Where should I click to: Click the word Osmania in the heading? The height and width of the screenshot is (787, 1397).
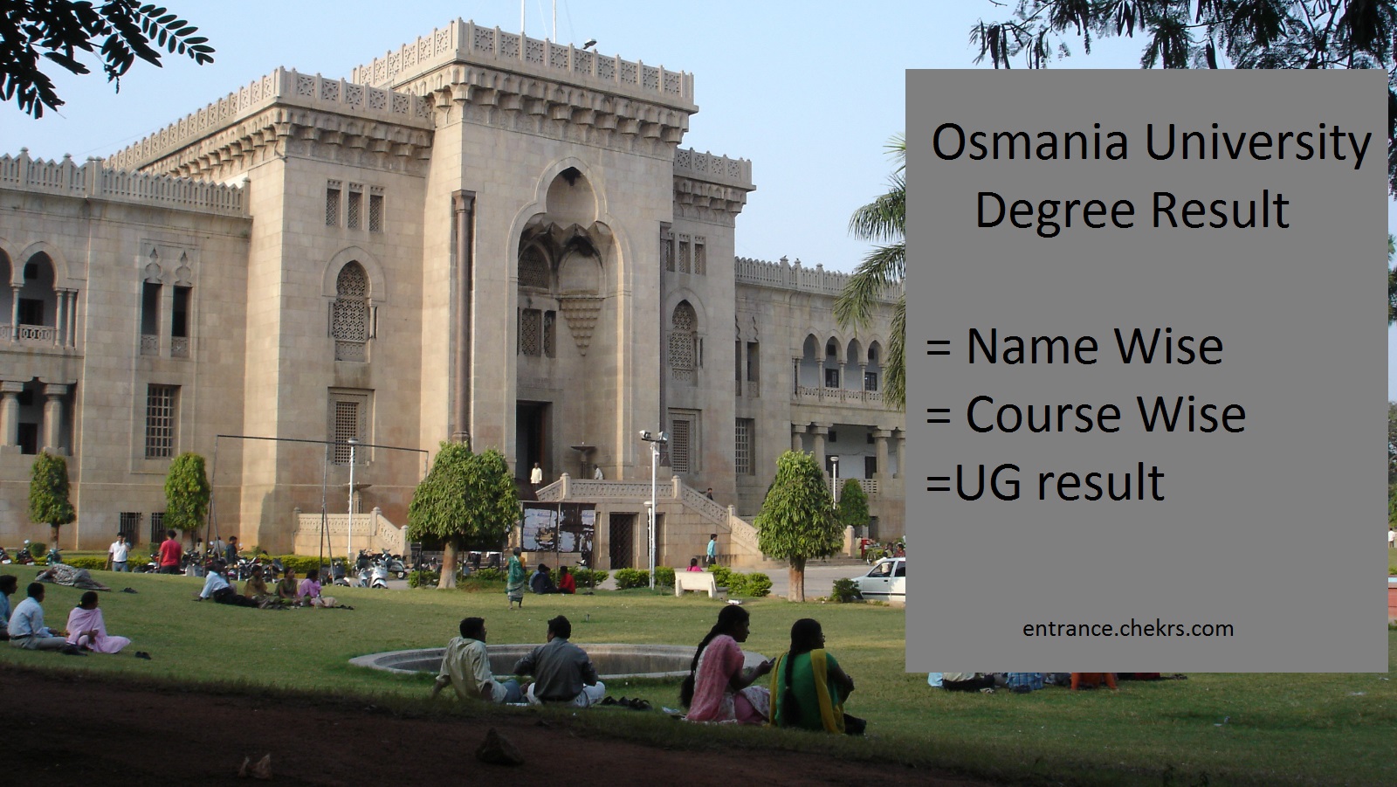[x=1029, y=143]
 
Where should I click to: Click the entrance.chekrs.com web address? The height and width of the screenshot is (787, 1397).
[x=1127, y=629]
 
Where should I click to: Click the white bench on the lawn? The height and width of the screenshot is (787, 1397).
[x=696, y=583]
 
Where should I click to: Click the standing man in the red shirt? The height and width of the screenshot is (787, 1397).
[x=169, y=552]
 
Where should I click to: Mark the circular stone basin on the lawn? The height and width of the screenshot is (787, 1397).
[x=557, y=661]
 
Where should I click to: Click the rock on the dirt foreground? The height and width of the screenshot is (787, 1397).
[x=499, y=747]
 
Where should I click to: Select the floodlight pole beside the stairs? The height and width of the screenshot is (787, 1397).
[x=653, y=508]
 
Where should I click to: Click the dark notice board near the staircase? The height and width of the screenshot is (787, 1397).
[x=558, y=528]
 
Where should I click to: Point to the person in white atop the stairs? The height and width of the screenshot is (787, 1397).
[x=536, y=475]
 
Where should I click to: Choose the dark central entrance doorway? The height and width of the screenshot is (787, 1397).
[x=531, y=441]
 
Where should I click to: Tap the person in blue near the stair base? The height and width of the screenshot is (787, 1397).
[x=712, y=549]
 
